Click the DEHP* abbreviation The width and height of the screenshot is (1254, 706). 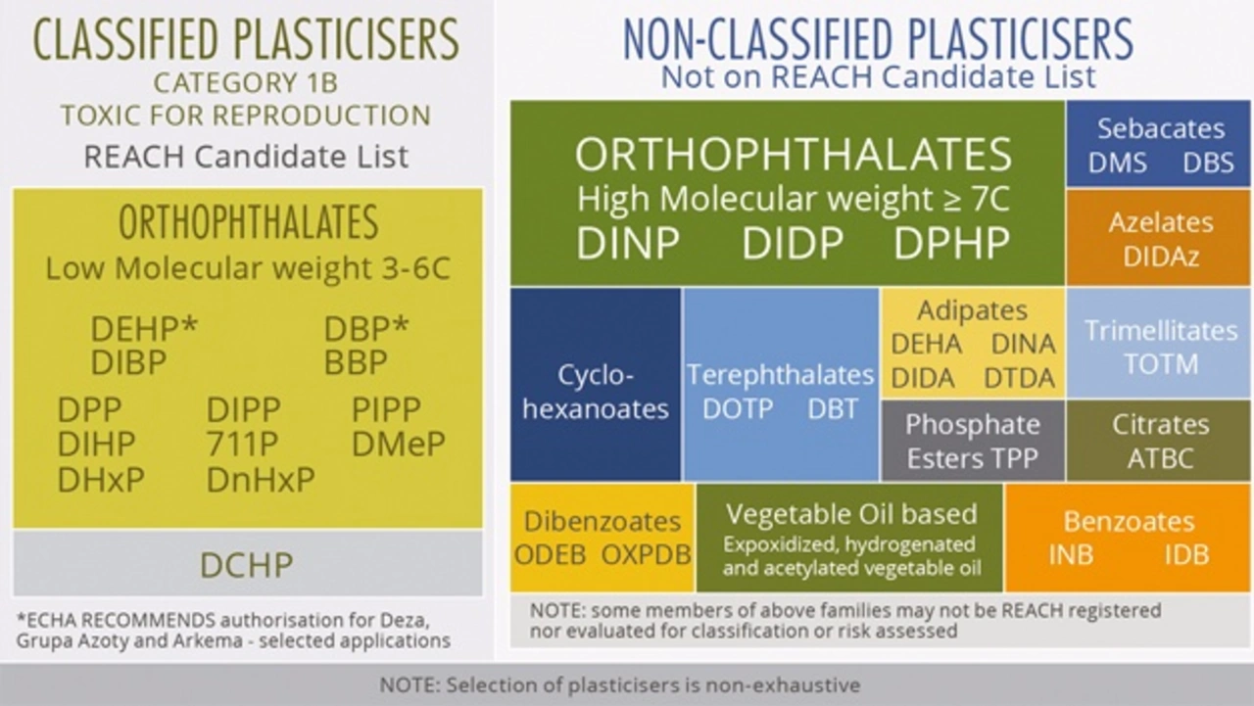coord(144,328)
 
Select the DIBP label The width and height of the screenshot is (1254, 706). coord(128,362)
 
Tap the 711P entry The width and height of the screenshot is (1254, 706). coord(242,444)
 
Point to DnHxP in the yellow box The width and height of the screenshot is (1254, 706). coord(261,480)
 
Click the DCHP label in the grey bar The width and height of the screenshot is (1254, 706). coord(246,565)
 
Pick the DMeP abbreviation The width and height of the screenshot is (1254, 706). coord(399,444)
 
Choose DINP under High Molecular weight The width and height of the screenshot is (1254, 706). coord(628,244)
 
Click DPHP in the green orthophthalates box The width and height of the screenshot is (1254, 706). coord(951,244)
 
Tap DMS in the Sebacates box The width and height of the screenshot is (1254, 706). coord(1118,163)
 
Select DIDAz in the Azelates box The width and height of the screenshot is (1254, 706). coord(1161,257)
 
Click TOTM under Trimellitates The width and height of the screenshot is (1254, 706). coord(1161,364)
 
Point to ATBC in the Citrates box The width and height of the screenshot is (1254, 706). coord(1161,458)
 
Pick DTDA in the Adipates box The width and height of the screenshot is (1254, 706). coord(1020,378)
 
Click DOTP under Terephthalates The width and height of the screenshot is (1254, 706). coord(738,409)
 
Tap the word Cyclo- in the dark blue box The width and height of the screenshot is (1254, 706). coord(595,375)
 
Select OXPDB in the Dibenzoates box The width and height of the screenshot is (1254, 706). coord(646,554)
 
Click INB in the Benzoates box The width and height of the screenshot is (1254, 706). coord(1071,555)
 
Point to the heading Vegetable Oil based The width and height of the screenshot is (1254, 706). coord(851,514)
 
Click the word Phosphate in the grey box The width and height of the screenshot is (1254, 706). coord(973,425)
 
